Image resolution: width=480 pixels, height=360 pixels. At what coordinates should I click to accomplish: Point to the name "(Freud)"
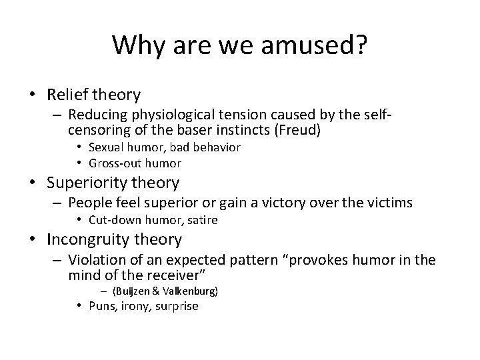(x=297, y=131)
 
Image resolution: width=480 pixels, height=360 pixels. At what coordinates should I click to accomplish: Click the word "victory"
(x=295, y=203)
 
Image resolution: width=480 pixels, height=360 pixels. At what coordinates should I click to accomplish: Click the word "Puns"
(x=101, y=306)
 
